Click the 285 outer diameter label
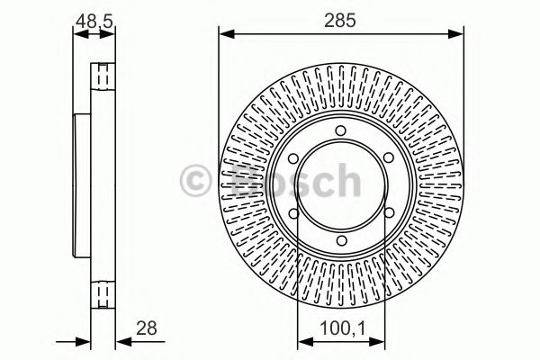341,18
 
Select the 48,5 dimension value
94,18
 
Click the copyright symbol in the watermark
197,179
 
